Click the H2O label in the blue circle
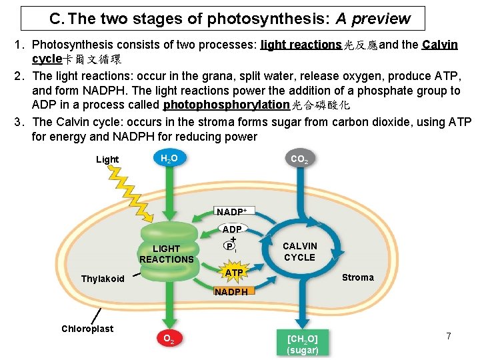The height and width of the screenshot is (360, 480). click(169, 158)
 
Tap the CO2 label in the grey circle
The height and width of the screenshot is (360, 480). click(298, 159)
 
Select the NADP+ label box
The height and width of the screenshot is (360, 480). click(231, 212)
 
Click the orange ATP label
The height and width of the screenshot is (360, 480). click(233, 273)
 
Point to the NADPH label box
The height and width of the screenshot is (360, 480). click(231, 291)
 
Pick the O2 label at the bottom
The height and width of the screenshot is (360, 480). click(169, 338)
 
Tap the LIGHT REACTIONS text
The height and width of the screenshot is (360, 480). click(166, 254)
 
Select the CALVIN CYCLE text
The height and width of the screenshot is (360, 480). click(300, 251)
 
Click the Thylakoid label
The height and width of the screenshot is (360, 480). click(103, 279)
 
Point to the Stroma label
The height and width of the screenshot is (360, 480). click(357, 277)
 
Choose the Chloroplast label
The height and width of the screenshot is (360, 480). click(87, 329)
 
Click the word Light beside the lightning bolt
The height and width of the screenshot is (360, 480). click(107, 159)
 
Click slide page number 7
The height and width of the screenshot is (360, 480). click(449, 337)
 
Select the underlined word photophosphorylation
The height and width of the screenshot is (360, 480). click(227, 105)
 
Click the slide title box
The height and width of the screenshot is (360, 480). click(222, 19)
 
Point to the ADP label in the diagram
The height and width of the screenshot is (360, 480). click(232, 229)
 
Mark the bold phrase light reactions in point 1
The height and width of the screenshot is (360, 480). click(301, 45)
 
